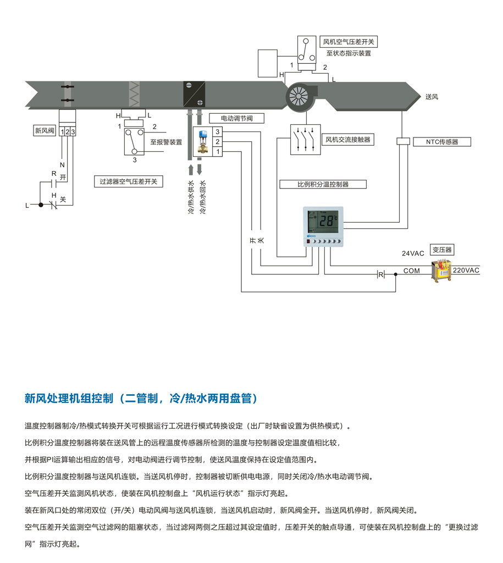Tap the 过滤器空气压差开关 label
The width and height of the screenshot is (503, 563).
[128, 181]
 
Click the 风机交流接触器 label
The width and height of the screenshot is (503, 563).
[347, 140]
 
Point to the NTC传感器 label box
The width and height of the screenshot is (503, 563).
[441, 141]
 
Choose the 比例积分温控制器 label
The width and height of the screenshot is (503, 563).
[323, 184]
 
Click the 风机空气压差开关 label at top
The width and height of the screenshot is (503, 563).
[350, 42]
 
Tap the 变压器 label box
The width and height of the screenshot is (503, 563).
[442, 250]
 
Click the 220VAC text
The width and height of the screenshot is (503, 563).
[466, 271]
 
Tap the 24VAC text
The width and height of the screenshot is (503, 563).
[413, 253]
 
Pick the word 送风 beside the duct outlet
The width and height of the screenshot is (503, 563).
[432, 97]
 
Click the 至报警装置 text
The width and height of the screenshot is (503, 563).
[166, 142]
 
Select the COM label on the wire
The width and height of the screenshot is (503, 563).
[412, 271]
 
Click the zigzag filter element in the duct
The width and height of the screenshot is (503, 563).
[134, 94]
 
